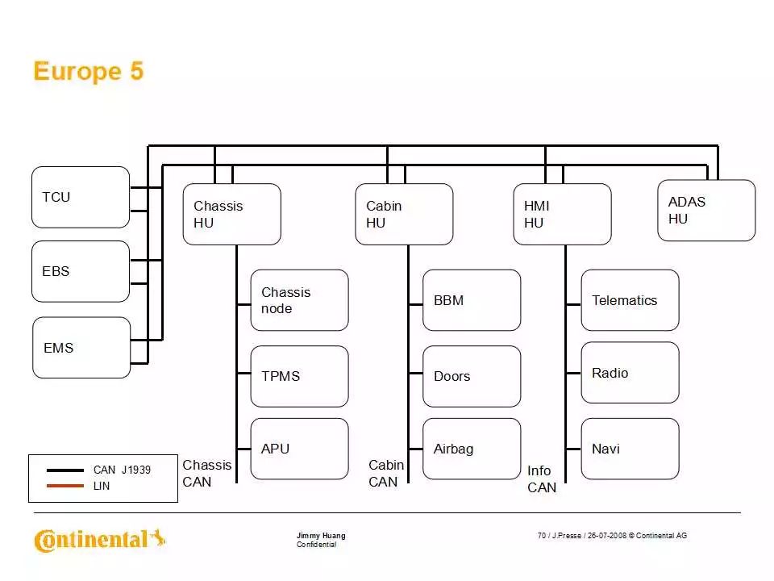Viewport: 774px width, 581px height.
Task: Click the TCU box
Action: (x=81, y=197)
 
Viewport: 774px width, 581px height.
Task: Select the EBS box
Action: (x=81, y=271)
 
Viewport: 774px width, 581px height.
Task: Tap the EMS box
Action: (x=81, y=348)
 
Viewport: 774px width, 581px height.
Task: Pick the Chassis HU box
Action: (x=231, y=214)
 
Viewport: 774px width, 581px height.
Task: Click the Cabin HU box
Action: (x=404, y=214)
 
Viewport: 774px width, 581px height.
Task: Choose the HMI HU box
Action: (x=562, y=214)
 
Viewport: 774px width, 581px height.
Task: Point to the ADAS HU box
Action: (x=706, y=210)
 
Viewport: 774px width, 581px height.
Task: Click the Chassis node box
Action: (x=299, y=300)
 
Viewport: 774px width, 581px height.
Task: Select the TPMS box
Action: (x=299, y=376)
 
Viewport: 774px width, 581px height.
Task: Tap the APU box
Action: (x=299, y=449)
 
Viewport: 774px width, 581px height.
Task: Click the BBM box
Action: (x=472, y=300)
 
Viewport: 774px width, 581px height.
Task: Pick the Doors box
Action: (x=472, y=376)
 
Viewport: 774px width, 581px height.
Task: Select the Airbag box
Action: (x=472, y=449)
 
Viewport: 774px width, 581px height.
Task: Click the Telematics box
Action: (x=630, y=300)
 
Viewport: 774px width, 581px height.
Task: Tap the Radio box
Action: (x=630, y=373)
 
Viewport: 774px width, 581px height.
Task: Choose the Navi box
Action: (x=630, y=449)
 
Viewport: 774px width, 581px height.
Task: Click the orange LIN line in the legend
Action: (x=65, y=486)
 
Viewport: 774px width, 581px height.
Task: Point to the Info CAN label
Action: (x=541, y=479)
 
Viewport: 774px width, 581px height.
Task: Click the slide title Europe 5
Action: (x=89, y=72)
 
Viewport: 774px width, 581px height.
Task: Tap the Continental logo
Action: (x=99, y=540)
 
